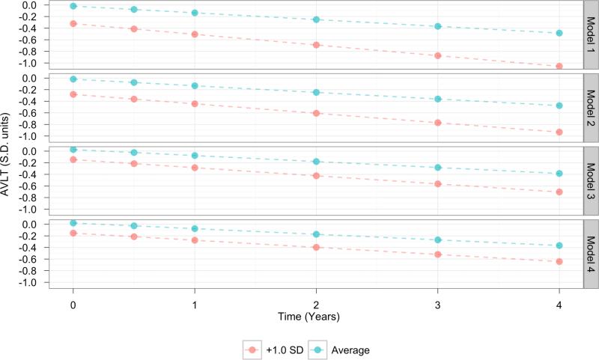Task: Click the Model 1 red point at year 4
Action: pyautogui.click(x=559, y=67)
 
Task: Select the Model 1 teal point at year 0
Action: pyautogui.click(x=73, y=6)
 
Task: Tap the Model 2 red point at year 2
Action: pyautogui.click(x=316, y=113)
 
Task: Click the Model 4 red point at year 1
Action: pyautogui.click(x=195, y=240)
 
